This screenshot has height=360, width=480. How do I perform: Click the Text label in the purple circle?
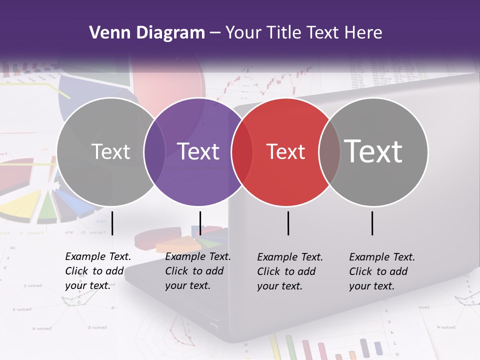click(x=198, y=151)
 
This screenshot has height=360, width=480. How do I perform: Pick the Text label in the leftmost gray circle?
click(x=111, y=151)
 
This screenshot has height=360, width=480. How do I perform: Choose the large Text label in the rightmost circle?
click(x=373, y=151)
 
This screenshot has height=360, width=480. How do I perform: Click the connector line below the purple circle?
click(x=200, y=223)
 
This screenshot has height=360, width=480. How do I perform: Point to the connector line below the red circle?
click(x=288, y=223)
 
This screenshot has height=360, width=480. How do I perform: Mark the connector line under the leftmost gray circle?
click(x=112, y=223)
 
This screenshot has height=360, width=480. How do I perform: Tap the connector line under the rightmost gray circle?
click(x=372, y=223)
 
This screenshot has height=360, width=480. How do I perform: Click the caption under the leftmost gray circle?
click(x=98, y=271)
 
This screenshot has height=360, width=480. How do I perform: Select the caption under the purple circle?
click(x=198, y=271)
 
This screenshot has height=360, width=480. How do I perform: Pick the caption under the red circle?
click(x=290, y=271)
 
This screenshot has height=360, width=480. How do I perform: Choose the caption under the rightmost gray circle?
click(x=382, y=271)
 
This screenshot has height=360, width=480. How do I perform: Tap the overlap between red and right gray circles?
click(x=329, y=152)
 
